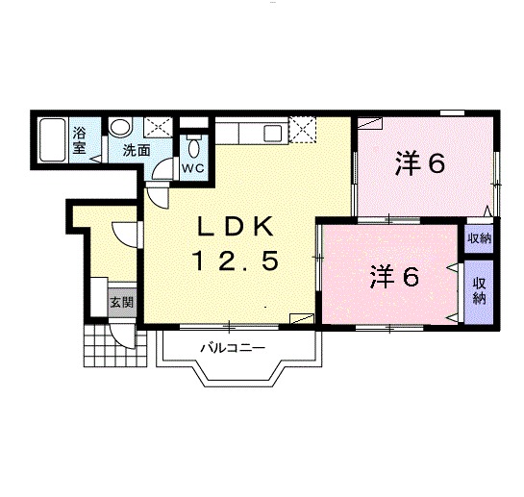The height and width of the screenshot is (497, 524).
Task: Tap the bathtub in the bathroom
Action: click(53, 141)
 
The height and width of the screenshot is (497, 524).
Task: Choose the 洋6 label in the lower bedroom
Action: click(395, 277)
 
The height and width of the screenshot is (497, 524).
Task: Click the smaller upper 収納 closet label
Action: click(478, 238)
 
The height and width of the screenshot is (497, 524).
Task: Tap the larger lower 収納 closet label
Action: click(479, 290)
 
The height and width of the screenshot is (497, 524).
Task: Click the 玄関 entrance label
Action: click(121, 303)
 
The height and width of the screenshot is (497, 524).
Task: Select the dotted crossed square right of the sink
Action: click(303, 129)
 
